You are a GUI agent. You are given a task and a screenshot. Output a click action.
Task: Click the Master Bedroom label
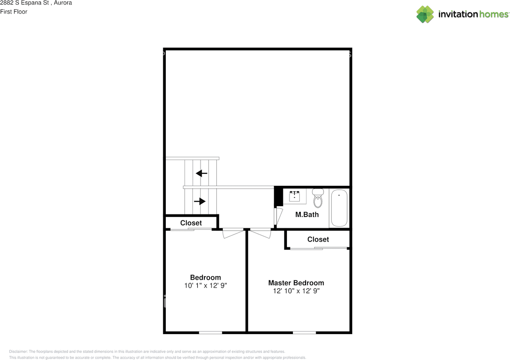click(x=296, y=283)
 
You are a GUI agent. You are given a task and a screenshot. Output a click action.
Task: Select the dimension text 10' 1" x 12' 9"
click(x=206, y=285)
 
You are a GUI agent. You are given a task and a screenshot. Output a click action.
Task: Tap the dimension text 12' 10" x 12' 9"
click(x=296, y=291)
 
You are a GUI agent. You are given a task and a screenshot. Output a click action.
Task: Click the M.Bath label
click(x=307, y=214)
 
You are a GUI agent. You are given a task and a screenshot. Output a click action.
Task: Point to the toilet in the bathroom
click(x=318, y=199)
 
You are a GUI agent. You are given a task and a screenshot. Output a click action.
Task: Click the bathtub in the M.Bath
click(x=339, y=208)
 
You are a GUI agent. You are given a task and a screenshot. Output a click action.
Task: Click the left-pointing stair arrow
click(x=202, y=173)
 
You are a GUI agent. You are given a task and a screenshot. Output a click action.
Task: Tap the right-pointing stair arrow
click(x=200, y=201)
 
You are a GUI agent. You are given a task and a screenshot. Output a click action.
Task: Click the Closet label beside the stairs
click(x=191, y=223)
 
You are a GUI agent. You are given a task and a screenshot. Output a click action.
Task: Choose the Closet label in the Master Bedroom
click(x=318, y=239)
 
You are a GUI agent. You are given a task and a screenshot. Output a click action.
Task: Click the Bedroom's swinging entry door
click(x=233, y=234)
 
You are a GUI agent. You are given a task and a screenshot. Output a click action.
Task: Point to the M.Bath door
click(x=278, y=217)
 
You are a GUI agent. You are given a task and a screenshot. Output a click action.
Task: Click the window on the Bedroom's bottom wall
click(x=210, y=332)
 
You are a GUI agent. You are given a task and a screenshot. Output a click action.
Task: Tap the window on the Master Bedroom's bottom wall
click(x=304, y=332)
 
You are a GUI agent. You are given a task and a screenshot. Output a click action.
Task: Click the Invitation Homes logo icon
click(x=425, y=14)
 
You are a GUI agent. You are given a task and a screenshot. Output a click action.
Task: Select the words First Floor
click(x=14, y=12)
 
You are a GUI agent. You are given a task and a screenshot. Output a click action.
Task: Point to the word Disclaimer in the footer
click(x=18, y=352)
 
